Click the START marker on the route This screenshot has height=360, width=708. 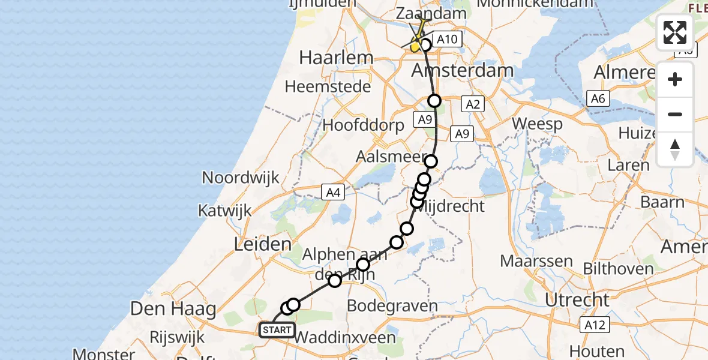click(277, 330)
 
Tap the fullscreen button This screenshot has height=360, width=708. click(675, 32)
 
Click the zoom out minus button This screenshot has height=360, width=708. click(675, 114)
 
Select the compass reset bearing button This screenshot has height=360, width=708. click(675, 149)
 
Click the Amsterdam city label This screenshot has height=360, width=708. click(463, 70)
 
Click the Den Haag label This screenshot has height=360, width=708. click(174, 310)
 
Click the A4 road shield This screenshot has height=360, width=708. click(332, 192)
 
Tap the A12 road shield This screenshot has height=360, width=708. click(595, 325)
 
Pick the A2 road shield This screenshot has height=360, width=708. click(473, 104)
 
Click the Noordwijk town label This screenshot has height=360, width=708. click(241, 178)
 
